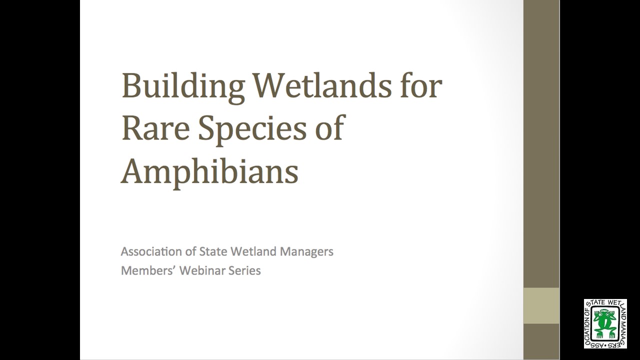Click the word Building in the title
pos(183,87)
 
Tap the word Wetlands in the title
pos(322,85)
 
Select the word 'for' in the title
pos(421,85)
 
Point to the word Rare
pos(155,128)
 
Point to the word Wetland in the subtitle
pos(250,251)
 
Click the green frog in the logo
pos(604,323)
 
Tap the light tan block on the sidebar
pos(541,305)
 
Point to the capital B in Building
pos(131,85)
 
